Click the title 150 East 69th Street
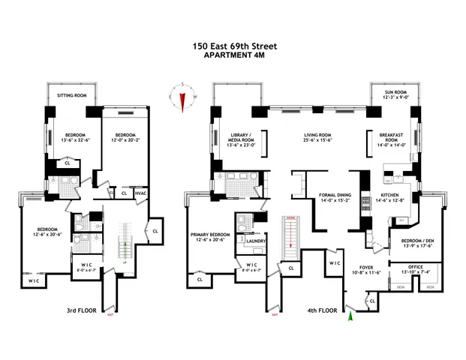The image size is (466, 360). [x=233, y=46]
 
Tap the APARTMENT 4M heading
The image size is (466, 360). [x=233, y=55]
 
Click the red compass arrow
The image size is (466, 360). [x=182, y=99]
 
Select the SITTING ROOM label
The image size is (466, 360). [x=71, y=96]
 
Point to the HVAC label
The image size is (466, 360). [x=140, y=193]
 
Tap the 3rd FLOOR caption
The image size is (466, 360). [x=79, y=309]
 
